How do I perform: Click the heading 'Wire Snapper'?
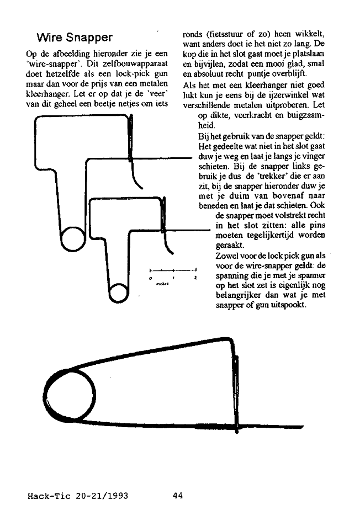75,38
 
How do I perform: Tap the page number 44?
177,495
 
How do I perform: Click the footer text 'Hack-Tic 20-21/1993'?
78,495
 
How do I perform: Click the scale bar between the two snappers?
173,270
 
